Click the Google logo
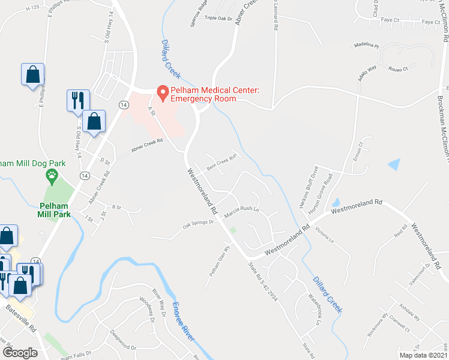(x=20, y=353)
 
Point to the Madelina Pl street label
(x=367, y=45)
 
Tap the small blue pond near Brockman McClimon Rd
(x=394, y=163)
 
